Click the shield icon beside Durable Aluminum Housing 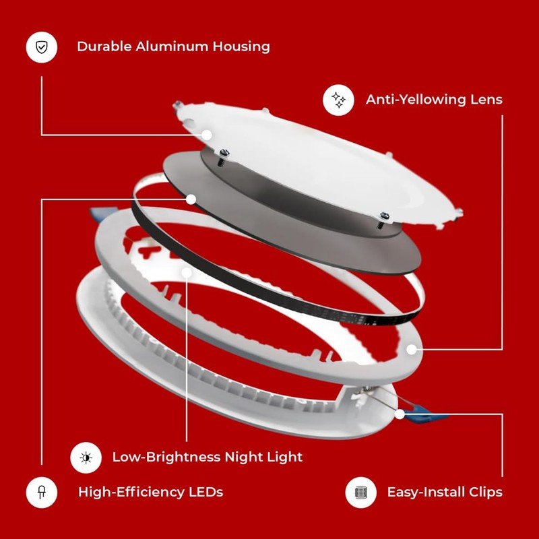[x=41, y=47]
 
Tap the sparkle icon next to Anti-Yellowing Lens [x=338, y=100]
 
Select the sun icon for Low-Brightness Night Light [x=86, y=457]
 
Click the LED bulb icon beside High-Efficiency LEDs [x=41, y=492]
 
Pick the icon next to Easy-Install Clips [x=360, y=492]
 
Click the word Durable [x=103, y=46]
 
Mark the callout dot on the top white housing [x=207, y=135]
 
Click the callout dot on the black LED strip [x=191, y=199]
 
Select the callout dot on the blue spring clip [x=400, y=414]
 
